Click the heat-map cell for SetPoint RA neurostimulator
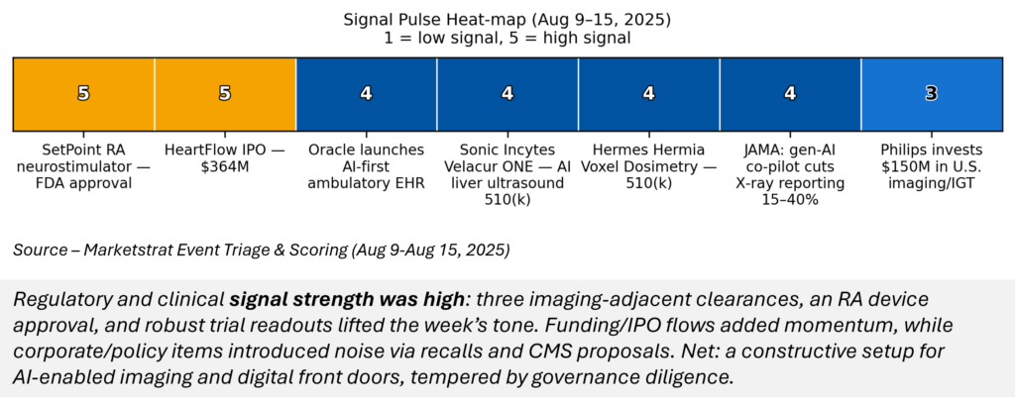(x=83, y=94)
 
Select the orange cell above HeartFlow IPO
(x=225, y=94)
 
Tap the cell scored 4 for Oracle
(x=367, y=94)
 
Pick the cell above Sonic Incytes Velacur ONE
(x=507, y=94)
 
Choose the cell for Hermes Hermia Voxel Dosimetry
(x=648, y=94)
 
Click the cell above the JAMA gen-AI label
(x=790, y=94)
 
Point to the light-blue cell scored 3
(x=932, y=94)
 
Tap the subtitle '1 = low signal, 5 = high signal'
(x=507, y=38)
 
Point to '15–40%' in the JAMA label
(x=790, y=200)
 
